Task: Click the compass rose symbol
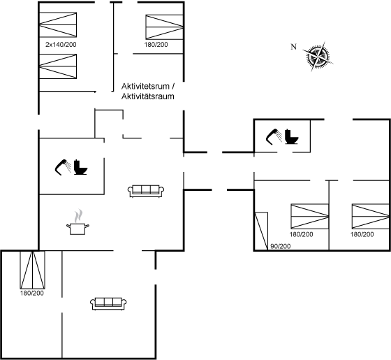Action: click(318, 57)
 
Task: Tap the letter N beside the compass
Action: click(294, 47)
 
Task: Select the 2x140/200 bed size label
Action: click(61, 45)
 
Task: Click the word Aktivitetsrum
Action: click(145, 87)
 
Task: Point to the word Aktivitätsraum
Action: click(147, 96)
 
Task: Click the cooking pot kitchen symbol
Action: click(78, 222)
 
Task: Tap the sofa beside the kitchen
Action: click(146, 192)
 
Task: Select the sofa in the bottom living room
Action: click(108, 304)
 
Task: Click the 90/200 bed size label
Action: click(281, 246)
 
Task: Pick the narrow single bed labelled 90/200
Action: click(261, 231)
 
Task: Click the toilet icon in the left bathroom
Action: click(81, 167)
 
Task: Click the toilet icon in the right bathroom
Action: click(292, 136)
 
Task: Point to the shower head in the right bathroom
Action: click(274, 136)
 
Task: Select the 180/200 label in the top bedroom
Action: click(156, 45)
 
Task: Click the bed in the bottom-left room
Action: click(32, 270)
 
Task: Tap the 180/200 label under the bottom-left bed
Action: click(32, 293)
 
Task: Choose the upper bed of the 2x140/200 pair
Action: click(58, 24)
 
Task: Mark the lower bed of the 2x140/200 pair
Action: click(58, 66)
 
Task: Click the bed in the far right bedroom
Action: click(370, 216)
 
